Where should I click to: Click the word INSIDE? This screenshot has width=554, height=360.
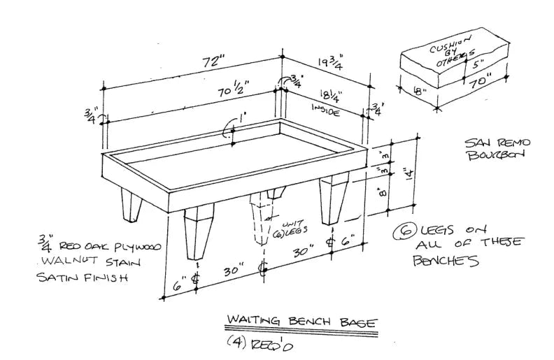[x=325, y=110]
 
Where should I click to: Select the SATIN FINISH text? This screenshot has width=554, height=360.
[x=84, y=278]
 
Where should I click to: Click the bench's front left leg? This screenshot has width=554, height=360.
[x=197, y=234]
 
